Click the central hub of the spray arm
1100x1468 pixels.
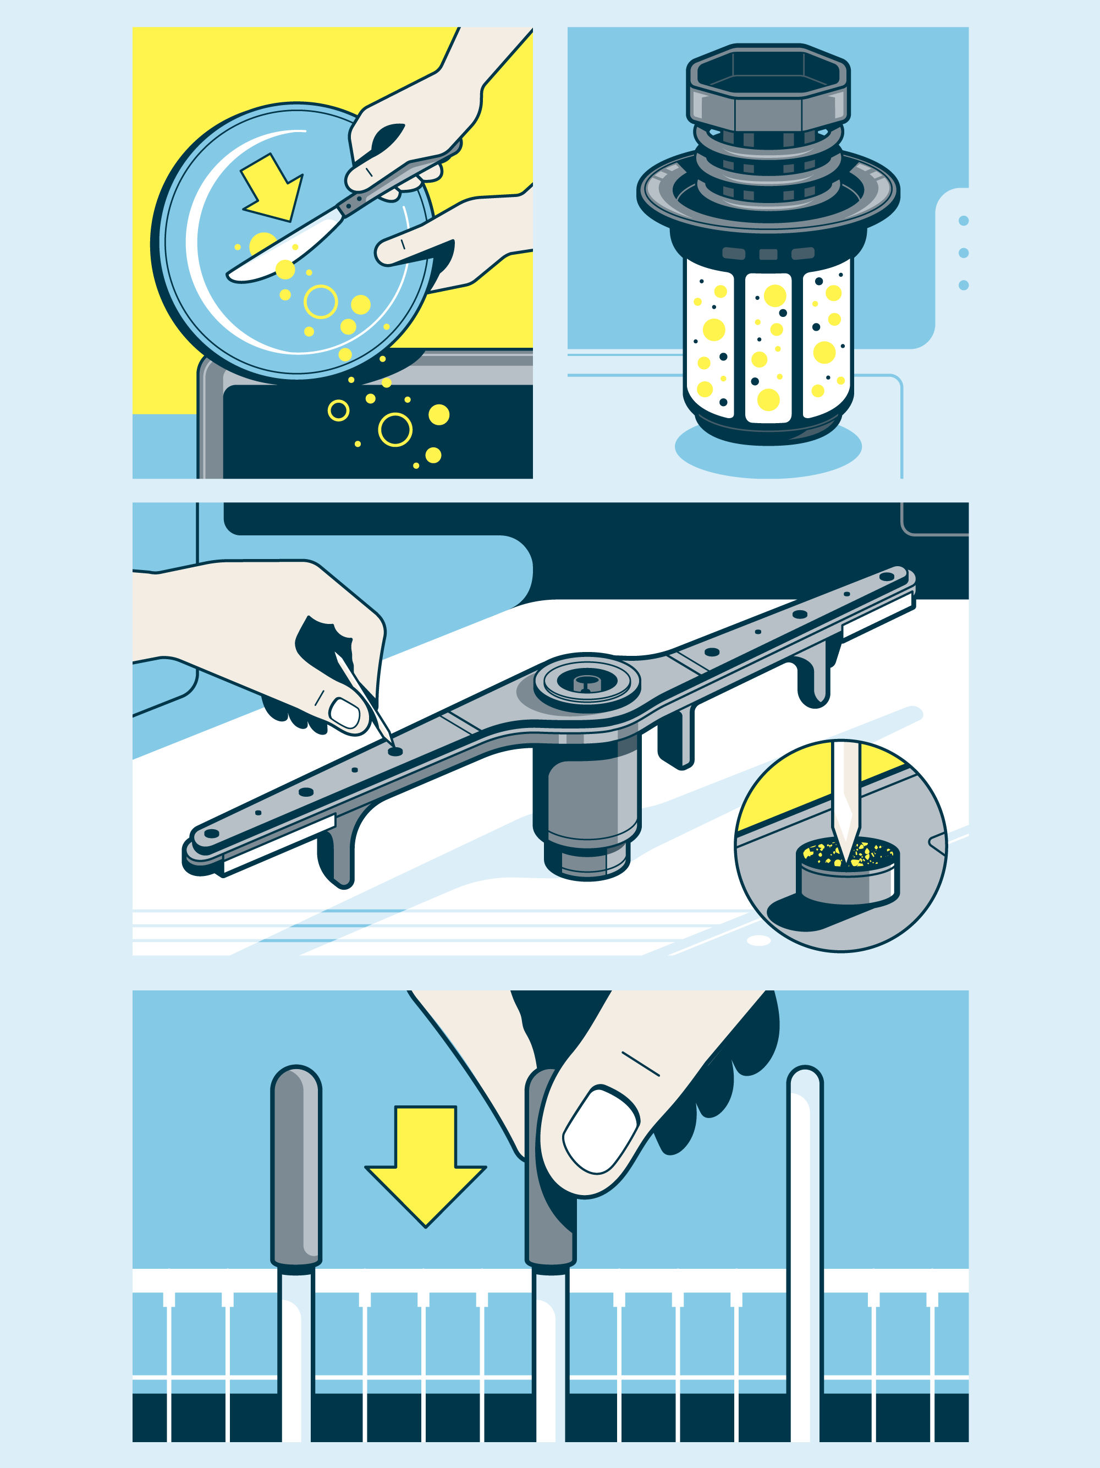tap(586, 682)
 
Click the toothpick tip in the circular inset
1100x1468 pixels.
tap(845, 853)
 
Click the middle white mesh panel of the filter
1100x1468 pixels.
tap(768, 348)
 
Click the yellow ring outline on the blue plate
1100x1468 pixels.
tap(321, 302)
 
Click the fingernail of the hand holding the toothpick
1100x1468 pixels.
tap(345, 714)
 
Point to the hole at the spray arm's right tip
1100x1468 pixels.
tap(887, 577)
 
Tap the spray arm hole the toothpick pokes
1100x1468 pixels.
tap(395, 751)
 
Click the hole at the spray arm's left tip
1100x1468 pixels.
tap(211, 834)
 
